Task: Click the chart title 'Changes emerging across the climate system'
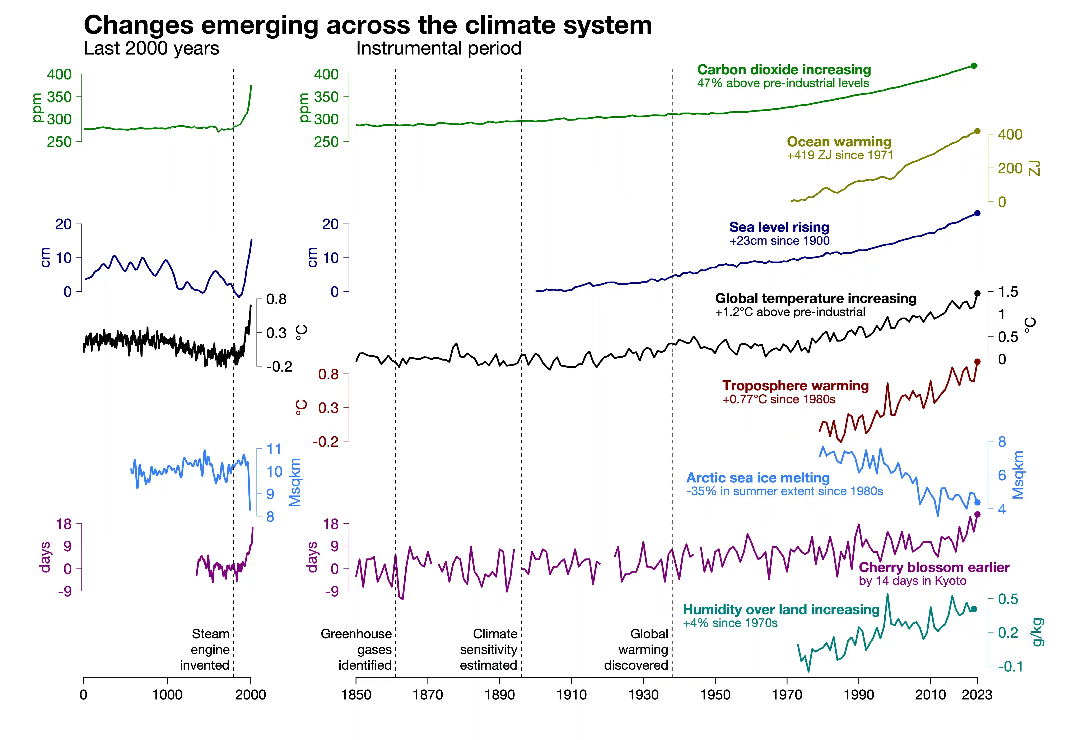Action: [x=368, y=25]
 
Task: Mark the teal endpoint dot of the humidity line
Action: [x=974, y=609]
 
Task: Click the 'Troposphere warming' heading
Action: [x=795, y=386]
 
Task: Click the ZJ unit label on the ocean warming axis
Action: [x=1035, y=168]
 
